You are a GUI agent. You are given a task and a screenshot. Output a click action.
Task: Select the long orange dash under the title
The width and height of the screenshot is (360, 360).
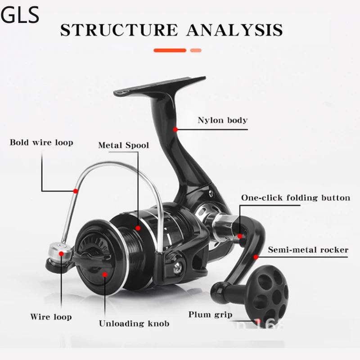coord(170,50)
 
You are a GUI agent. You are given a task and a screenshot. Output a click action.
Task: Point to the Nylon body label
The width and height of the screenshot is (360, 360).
coord(223,120)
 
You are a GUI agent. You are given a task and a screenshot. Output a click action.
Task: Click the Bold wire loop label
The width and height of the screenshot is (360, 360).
coord(41,143)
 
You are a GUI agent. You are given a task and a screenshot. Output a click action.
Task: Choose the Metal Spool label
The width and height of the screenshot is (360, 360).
coord(124,145)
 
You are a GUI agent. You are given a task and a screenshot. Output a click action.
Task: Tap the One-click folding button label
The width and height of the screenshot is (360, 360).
coord(295,198)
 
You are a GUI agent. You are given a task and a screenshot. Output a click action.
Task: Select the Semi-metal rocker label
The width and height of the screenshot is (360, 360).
coord(308,249)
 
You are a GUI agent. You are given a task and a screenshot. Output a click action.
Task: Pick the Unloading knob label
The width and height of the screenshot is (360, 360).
coord(134,324)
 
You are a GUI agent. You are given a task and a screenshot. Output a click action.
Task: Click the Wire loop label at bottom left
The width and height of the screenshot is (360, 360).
coord(51,317)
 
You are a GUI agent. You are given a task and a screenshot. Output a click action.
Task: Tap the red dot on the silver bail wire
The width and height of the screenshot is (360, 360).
coord(76,191)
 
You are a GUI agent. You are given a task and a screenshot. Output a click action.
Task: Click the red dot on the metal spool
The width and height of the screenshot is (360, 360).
coord(138,229)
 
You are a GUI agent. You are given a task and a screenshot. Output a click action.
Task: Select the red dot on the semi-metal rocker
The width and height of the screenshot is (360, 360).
coord(256,257)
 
